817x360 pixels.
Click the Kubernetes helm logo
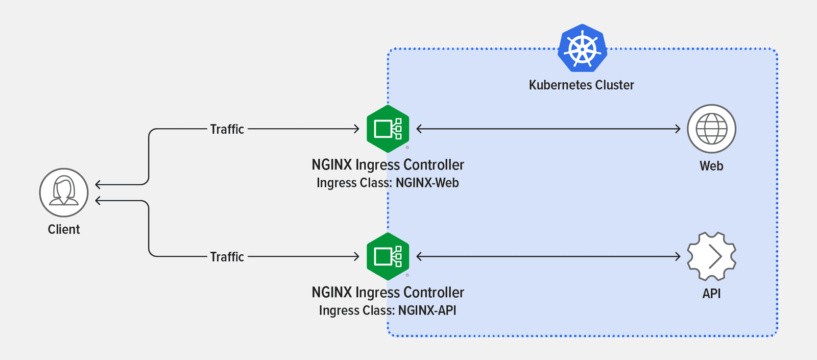(582, 48)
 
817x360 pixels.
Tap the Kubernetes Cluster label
(581, 85)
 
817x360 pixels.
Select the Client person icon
(64, 193)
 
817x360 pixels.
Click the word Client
(64, 229)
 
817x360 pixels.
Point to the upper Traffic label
(227, 129)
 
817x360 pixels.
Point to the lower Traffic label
(227, 257)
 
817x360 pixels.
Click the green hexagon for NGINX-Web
(388, 129)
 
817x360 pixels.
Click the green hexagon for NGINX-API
(388, 256)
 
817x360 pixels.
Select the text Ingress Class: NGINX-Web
(388, 183)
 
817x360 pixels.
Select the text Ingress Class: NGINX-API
(388, 310)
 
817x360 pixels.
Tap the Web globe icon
(711, 129)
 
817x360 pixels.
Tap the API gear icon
(711, 256)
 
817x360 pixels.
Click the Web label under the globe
(711, 166)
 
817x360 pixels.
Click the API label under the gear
(711, 294)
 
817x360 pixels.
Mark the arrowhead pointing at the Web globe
(678, 129)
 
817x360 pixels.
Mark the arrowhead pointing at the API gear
(678, 257)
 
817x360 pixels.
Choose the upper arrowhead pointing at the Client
(98, 185)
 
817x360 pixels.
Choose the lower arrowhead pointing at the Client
(98, 201)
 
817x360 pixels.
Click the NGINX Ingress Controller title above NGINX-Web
(388, 165)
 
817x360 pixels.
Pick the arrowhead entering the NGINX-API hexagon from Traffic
(357, 257)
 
